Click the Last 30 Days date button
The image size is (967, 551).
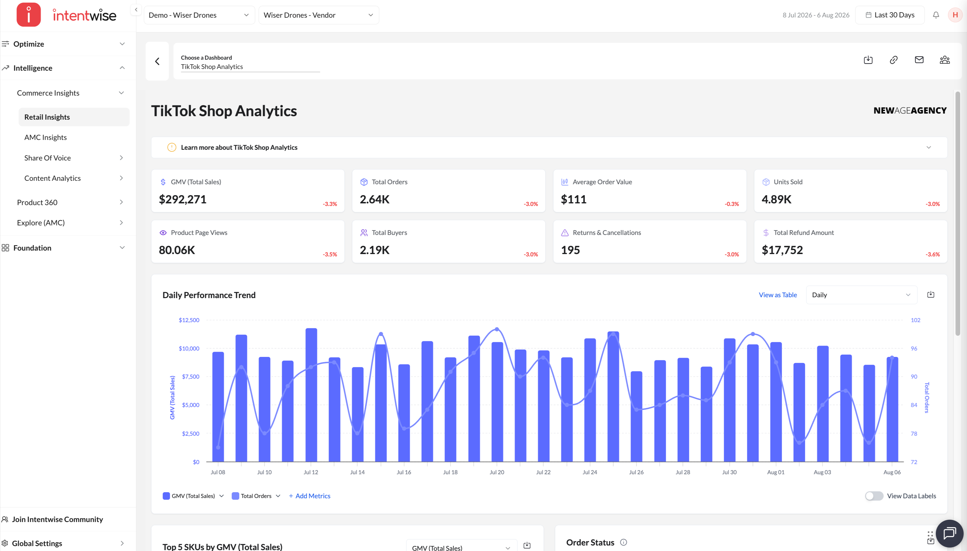pos(890,15)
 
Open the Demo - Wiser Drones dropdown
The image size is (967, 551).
pos(199,15)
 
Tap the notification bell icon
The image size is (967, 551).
pos(936,15)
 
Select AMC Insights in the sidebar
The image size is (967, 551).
pos(46,137)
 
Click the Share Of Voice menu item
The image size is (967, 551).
pos(47,158)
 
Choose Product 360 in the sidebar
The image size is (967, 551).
pos(37,202)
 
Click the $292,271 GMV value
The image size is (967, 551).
pos(183,199)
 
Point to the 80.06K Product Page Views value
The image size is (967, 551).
pos(177,250)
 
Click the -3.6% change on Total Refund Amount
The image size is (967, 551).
pos(933,254)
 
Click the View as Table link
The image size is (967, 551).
pos(778,295)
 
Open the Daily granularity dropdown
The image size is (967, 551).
pos(861,295)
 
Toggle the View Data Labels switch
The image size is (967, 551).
pos(874,496)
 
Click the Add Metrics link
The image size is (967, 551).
pos(309,496)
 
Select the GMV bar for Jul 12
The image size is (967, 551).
pos(311,395)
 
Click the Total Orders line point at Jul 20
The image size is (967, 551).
pos(497,329)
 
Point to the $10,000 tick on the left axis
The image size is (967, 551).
pos(189,348)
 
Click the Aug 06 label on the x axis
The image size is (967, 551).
pos(892,472)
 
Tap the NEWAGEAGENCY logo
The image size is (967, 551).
pos(910,110)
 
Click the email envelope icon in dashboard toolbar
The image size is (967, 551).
pos(919,60)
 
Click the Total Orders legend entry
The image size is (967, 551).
pos(252,496)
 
